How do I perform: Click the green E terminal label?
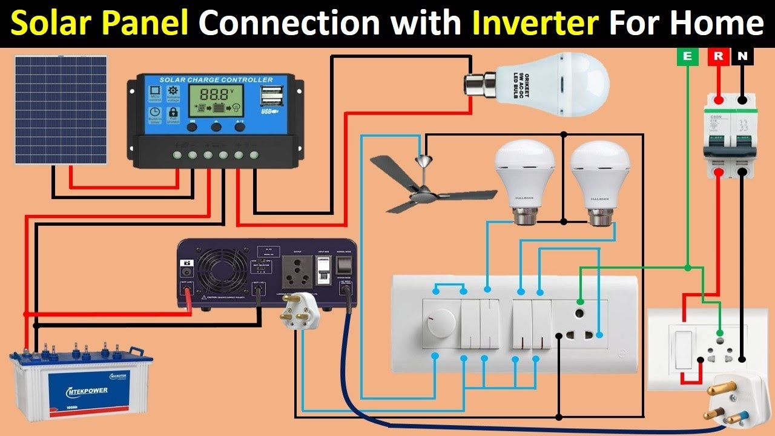click(687, 57)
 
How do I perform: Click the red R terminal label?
click(718, 57)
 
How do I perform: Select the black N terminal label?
click(743, 57)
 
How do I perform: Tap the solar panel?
click(61, 110)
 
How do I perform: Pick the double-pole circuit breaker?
click(730, 136)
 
